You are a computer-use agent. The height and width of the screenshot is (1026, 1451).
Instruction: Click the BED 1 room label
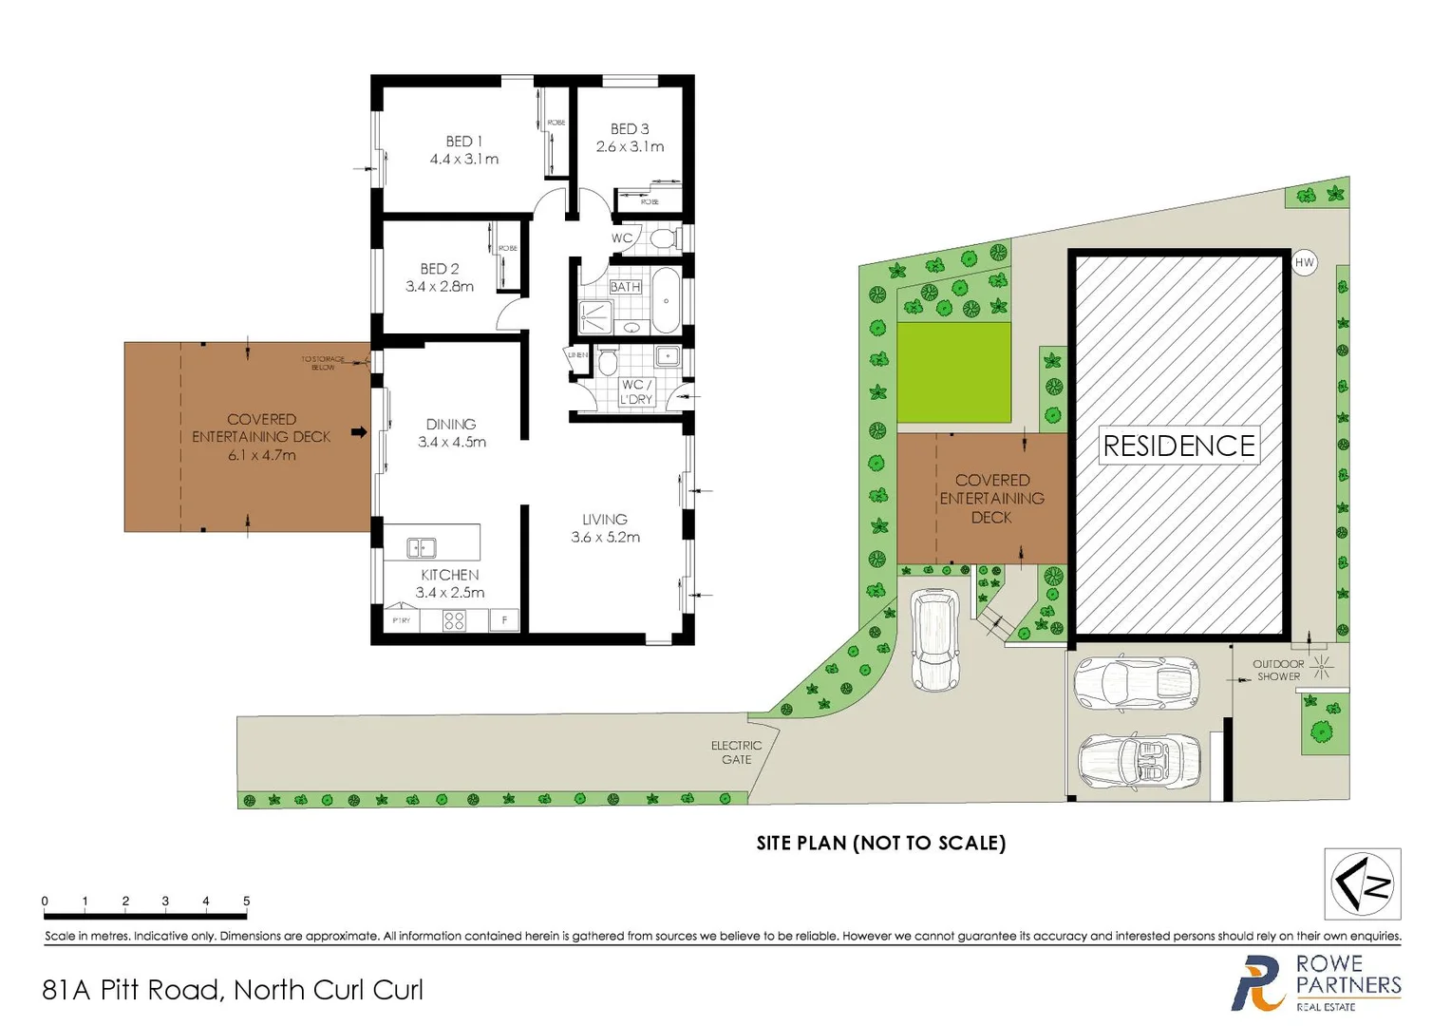coord(463,141)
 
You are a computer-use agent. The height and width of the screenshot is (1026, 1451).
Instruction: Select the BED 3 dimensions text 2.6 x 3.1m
coord(630,147)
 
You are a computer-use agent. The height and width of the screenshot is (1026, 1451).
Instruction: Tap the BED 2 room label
coord(439,269)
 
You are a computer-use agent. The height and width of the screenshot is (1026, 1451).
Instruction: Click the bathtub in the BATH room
coord(666,301)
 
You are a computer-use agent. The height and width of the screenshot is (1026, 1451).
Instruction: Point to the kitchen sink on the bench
coord(421,547)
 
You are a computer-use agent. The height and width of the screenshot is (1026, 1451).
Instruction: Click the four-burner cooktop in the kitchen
coord(454,620)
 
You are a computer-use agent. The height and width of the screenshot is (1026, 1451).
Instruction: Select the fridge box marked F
coord(504,620)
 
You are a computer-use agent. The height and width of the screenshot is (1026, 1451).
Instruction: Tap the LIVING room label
coord(605,519)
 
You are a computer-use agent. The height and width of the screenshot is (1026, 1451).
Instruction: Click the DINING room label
coord(450,424)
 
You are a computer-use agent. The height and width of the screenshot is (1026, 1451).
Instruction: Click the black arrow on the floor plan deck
coord(359,432)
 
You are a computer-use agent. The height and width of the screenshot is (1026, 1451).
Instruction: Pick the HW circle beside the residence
coord(1305,263)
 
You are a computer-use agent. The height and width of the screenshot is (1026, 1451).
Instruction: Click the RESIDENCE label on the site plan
coord(1178,446)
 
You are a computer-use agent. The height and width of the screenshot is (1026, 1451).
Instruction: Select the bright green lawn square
coord(953,371)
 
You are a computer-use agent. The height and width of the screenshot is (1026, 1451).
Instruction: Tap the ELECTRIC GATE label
coord(736,752)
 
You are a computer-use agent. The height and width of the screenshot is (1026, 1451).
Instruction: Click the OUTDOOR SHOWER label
coord(1278,670)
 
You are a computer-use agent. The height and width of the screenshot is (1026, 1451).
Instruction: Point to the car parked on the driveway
coord(935,639)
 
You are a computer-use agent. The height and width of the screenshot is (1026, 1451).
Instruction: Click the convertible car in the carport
coord(1140,762)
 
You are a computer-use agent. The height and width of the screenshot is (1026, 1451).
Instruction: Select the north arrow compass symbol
coord(1363,883)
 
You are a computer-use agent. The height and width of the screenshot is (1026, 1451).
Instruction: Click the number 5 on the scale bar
coord(246,901)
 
